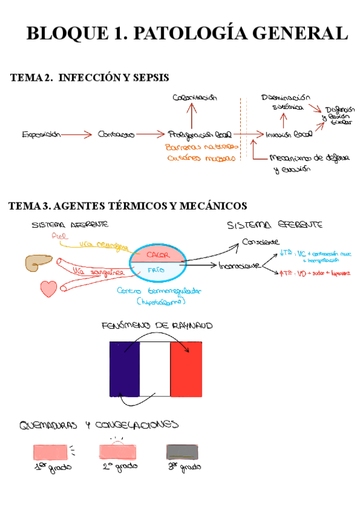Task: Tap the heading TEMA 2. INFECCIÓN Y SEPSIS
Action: (89, 78)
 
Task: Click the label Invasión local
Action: (288, 135)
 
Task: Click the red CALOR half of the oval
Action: (158, 254)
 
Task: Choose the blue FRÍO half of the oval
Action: (158, 271)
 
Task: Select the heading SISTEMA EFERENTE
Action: (275, 225)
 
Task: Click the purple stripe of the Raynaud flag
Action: (125, 368)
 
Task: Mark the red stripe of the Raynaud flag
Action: (186, 368)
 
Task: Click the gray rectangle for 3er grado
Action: (181, 452)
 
